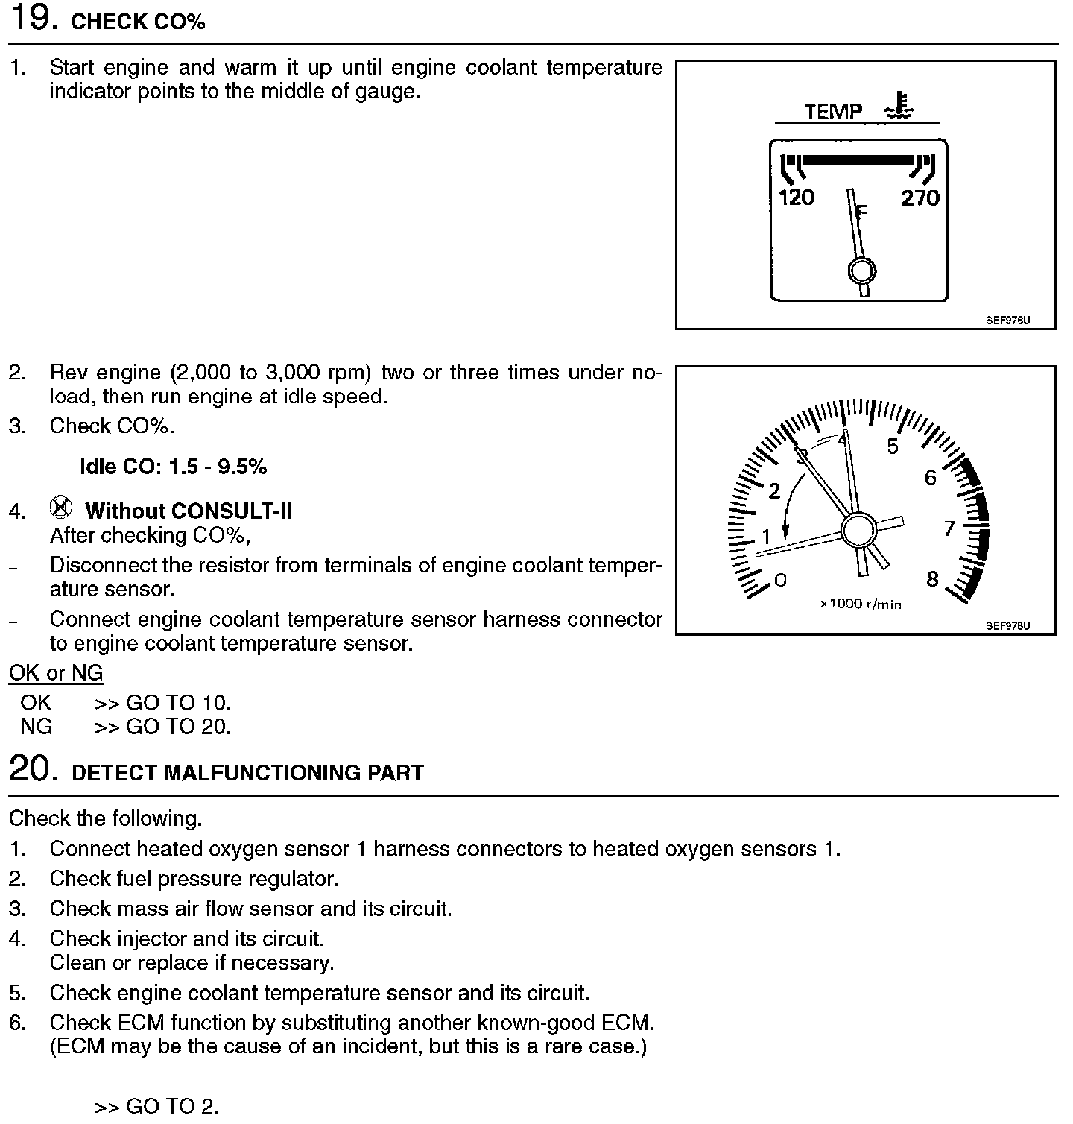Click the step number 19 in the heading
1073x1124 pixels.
click(32, 18)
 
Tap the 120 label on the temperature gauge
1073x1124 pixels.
click(797, 198)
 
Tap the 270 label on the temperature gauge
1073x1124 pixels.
click(920, 198)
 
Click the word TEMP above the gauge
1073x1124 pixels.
click(833, 112)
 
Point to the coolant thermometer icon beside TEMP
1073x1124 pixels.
click(899, 107)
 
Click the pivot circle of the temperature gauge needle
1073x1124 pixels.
click(861, 271)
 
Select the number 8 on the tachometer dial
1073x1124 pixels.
click(932, 579)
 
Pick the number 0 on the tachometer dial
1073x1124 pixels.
click(780, 580)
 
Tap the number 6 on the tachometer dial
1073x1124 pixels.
click(930, 478)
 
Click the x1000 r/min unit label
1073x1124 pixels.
click(861, 604)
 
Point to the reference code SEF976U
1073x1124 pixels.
click(1007, 321)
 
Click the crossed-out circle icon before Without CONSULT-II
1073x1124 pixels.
click(61, 508)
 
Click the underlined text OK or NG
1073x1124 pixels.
click(56, 673)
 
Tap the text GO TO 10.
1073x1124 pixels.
click(179, 703)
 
